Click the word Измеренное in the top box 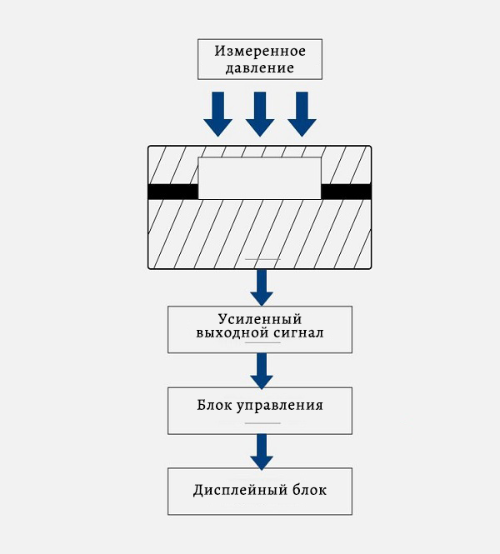(x=259, y=50)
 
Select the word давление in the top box (x=259, y=67)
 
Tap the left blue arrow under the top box (x=218, y=114)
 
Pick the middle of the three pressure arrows (x=260, y=114)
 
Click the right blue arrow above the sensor (x=302, y=114)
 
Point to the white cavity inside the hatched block (x=259, y=178)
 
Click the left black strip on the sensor (x=173, y=192)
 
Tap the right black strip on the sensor (x=346, y=192)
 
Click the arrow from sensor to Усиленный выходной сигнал (x=262, y=287)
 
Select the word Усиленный (x=259, y=319)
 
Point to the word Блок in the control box (x=212, y=407)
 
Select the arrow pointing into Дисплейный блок (x=262, y=451)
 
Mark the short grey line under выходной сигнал (x=259, y=343)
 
